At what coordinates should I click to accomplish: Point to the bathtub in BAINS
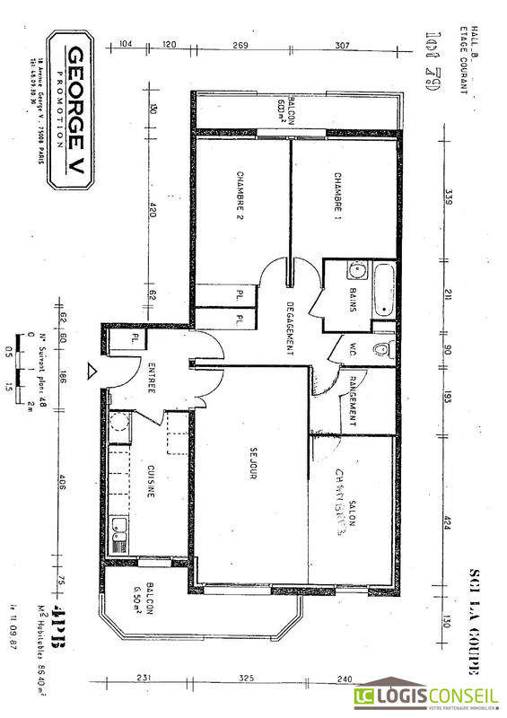[x=383, y=290]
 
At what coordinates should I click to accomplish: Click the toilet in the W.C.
[x=380, y=349]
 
